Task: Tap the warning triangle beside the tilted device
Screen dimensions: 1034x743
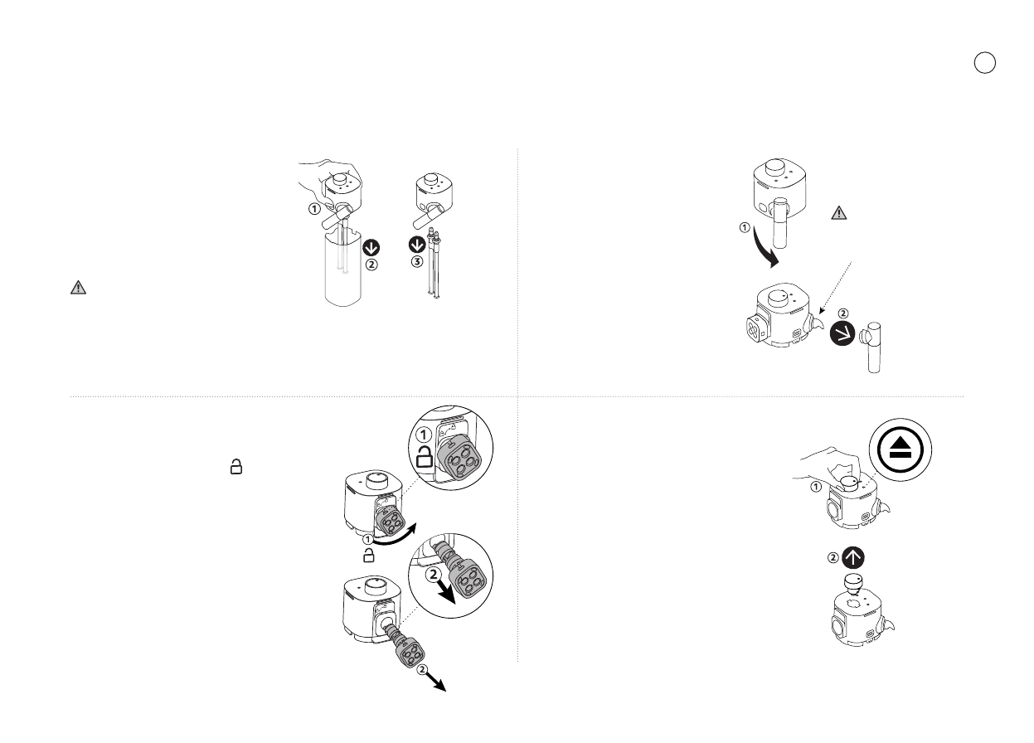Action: point(839,212)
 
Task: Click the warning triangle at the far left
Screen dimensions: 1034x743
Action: point(77,288)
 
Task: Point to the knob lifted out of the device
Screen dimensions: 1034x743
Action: point(852,583)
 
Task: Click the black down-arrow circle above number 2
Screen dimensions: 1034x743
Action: point(372,247)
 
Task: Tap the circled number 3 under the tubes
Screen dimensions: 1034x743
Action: point(419,263)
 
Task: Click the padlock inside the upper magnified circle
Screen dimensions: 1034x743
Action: point(424,459)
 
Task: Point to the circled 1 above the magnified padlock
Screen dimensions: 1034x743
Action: point(424,435)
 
